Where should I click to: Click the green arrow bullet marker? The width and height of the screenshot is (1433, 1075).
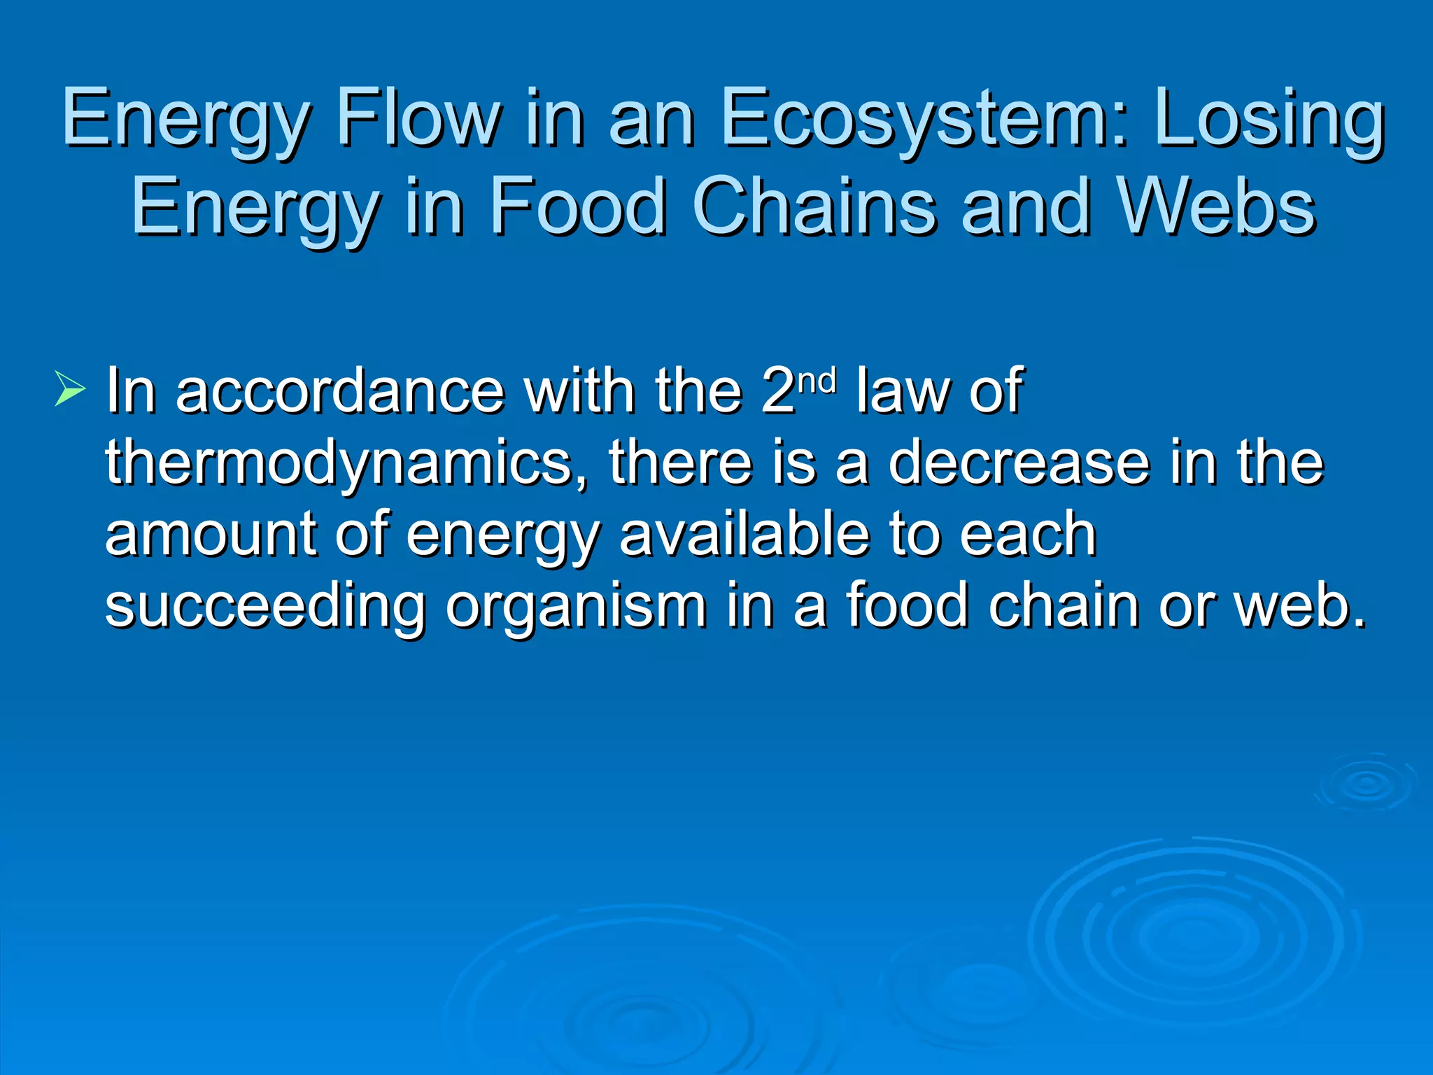click(x=70, y=389)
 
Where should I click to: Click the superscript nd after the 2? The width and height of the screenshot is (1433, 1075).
click(x=817, y=381)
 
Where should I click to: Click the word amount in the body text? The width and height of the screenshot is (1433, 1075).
click(x=211, y=535)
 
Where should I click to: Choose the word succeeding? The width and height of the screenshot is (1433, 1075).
click(x=265, y=607)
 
